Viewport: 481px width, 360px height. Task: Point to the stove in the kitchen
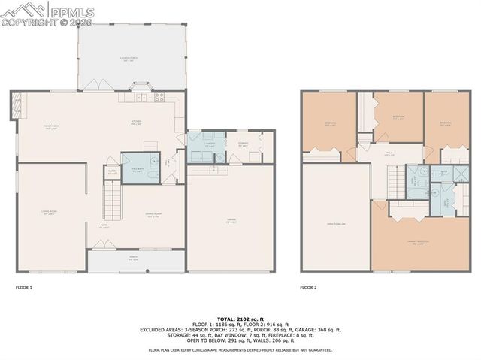[x=159, y=96]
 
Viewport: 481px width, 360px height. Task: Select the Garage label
[x=231, y=221]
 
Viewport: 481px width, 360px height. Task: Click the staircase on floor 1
[x=111, y=200]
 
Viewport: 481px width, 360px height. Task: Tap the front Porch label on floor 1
[x=133, y=260]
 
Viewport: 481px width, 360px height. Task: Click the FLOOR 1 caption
[x=24, y=287]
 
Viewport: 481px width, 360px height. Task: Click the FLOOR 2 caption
[x=308, y=287]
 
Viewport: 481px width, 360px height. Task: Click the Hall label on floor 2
[x=391, y=153]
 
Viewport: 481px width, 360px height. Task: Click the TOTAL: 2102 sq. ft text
[x=240, y=319]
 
